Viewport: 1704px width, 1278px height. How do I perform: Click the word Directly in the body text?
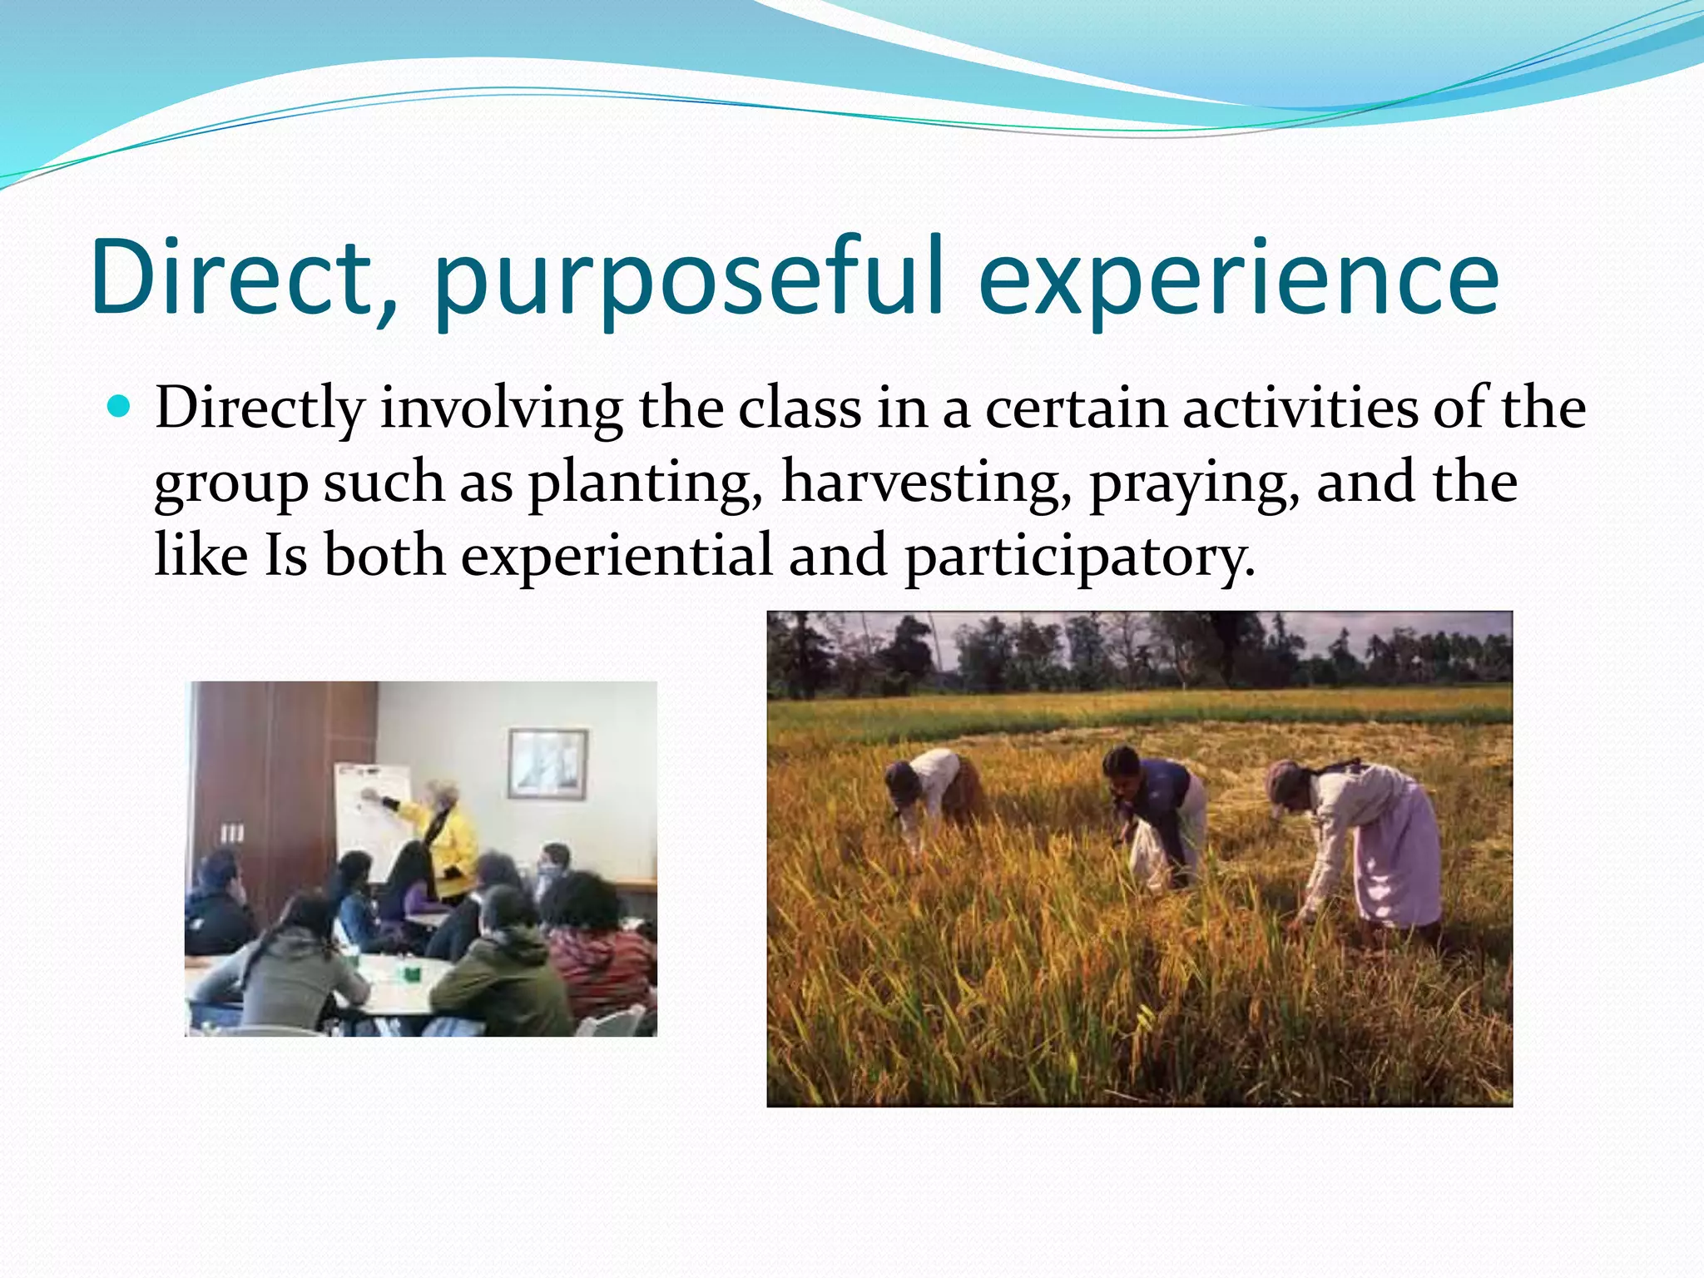(x=260, y=409)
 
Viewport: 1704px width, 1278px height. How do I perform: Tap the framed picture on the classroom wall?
(x=547, y=763)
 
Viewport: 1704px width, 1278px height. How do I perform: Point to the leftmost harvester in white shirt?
(x=928, y=790)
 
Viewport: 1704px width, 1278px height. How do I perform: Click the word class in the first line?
(x=800, y=409)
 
